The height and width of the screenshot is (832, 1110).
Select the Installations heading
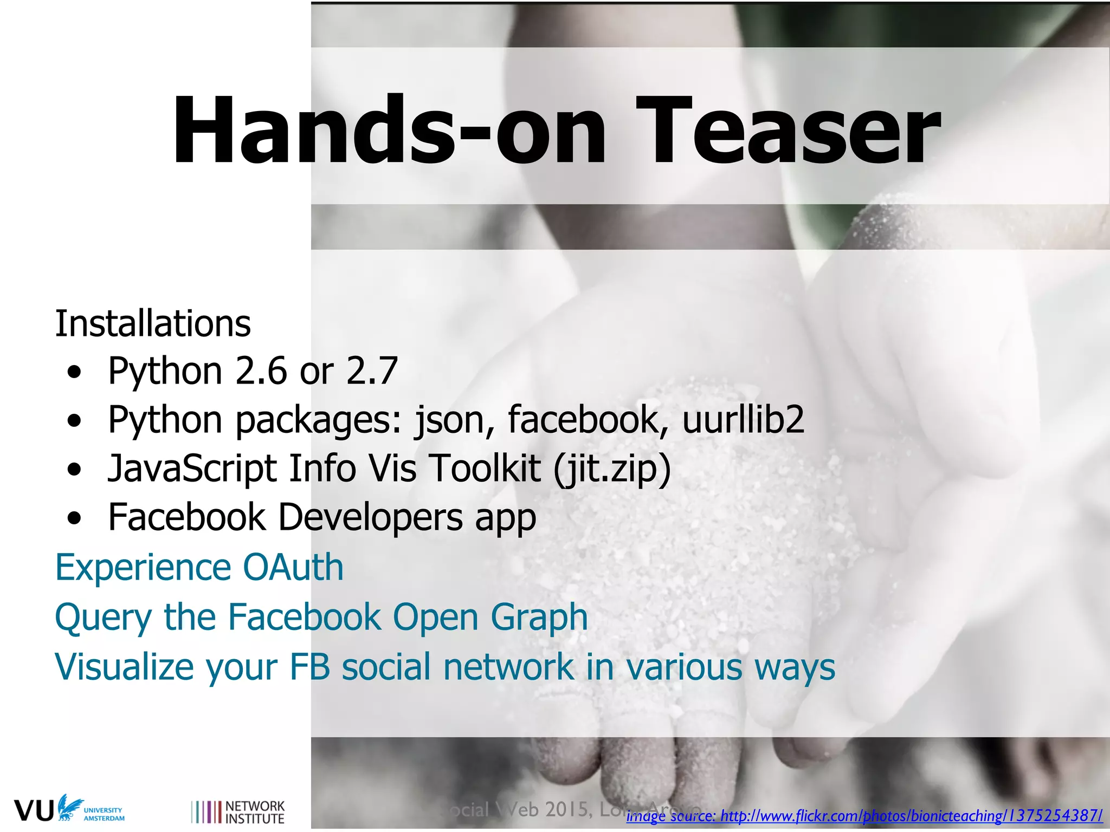[x=153, y=324]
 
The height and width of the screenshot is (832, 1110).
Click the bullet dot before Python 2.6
[x=75, y=373]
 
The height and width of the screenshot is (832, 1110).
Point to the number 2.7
[x=372, y=372]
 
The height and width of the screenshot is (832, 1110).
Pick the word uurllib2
[x=743, y=420]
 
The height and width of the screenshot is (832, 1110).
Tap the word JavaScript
[x=192, y=469]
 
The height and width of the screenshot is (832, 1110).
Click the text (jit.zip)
[x=612, y=469]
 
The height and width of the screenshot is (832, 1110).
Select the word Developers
[x=371, y=517]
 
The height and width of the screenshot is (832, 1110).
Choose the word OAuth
[x=293, y=568]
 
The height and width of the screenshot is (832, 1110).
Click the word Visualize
[x=124, y=666]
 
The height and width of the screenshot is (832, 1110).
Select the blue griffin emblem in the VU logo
[x=69, y=808]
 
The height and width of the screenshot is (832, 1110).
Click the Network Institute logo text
[x=254, y=812]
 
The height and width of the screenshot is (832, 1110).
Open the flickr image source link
[x=864, y=816]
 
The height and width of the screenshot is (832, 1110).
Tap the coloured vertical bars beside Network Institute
[x=206, y=812]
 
